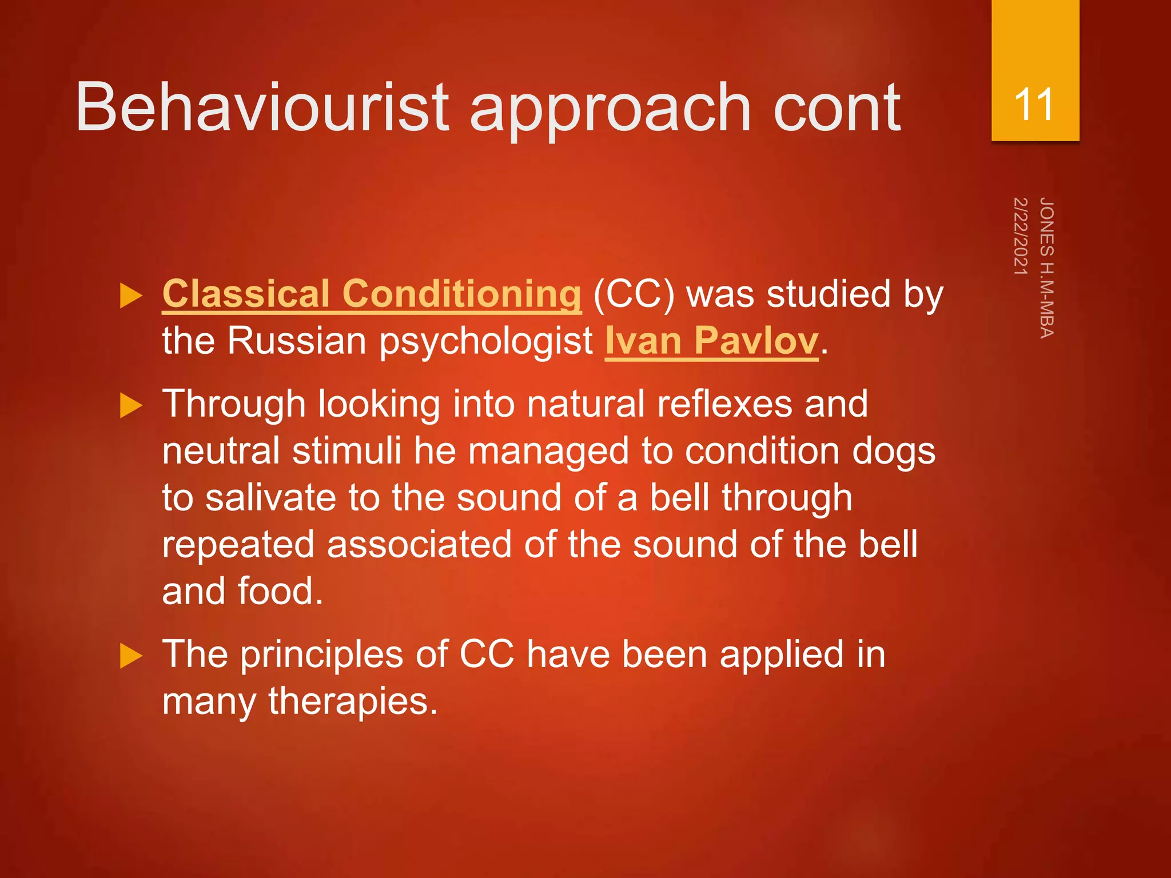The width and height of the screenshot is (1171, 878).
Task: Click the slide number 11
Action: click(1034, 105)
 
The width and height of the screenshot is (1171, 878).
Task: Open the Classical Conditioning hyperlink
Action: click(372, 294)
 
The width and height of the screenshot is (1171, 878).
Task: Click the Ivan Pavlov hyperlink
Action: click(711, 341)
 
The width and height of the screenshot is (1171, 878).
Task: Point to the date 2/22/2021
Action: click(1020, 236)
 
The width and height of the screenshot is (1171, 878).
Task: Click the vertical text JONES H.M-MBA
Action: click(1046, 268)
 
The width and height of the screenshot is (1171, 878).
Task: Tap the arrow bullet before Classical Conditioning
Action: click(131, 296)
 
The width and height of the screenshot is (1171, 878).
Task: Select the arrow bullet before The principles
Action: click(131, 656)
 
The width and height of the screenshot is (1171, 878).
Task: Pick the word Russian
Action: click(297, 341)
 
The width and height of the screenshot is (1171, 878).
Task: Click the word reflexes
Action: click(724, 404)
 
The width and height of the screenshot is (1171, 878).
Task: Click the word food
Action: click(280, 592)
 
